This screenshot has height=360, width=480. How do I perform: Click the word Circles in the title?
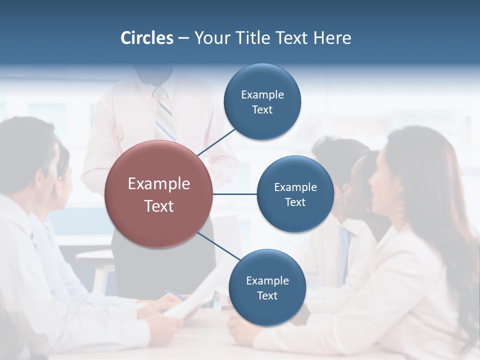pos(146,38)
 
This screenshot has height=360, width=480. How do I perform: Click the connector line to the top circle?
pos(216,142)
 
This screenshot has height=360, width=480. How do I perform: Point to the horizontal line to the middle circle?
pos(234,194)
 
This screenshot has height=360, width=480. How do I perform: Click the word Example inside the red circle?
pos(158,184)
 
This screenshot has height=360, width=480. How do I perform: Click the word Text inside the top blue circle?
pos(262,110)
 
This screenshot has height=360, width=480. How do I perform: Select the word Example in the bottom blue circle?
pos(267,280)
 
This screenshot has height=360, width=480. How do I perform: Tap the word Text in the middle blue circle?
pos(295,202)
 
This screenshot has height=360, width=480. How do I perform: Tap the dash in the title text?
pos(183,38)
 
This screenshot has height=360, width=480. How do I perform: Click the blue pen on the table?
pos(175,294)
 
